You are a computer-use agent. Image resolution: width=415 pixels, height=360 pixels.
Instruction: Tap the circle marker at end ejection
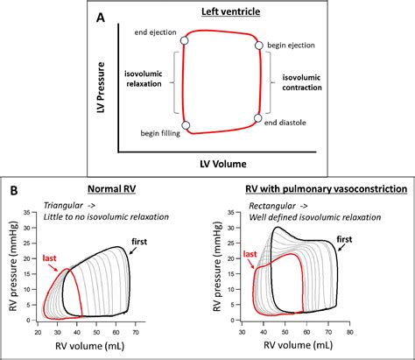coord(184,41)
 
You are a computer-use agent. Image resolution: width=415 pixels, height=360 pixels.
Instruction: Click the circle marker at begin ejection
coord(259,46)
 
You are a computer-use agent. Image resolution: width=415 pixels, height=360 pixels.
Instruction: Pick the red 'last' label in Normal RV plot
coord(50,258)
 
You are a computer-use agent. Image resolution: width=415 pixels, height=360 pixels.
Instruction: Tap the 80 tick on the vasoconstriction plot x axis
coord(375,334)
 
